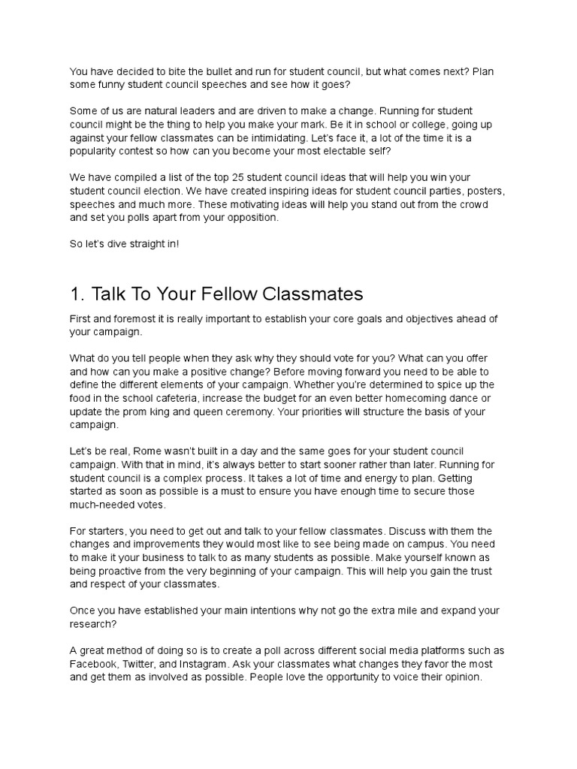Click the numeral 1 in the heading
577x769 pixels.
(75, 293)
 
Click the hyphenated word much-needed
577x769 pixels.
(104, 505)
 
